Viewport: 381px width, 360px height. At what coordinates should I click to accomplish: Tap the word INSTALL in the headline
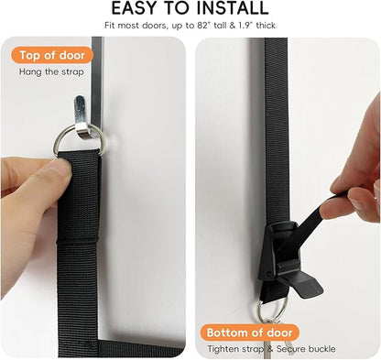[x=233, y=8]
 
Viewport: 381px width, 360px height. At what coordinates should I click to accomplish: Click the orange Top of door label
[x=52, y=55]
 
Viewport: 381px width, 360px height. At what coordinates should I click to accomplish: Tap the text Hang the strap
[x=51, y=72]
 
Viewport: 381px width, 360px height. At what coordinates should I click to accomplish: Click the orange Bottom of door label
[x=249, y=333]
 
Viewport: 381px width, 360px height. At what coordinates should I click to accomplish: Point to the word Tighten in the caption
[x=223, y=349]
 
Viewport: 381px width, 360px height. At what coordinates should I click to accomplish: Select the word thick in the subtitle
[x=266, y=26]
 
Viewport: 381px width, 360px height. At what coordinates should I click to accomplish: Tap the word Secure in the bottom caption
[x=291, y=349]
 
